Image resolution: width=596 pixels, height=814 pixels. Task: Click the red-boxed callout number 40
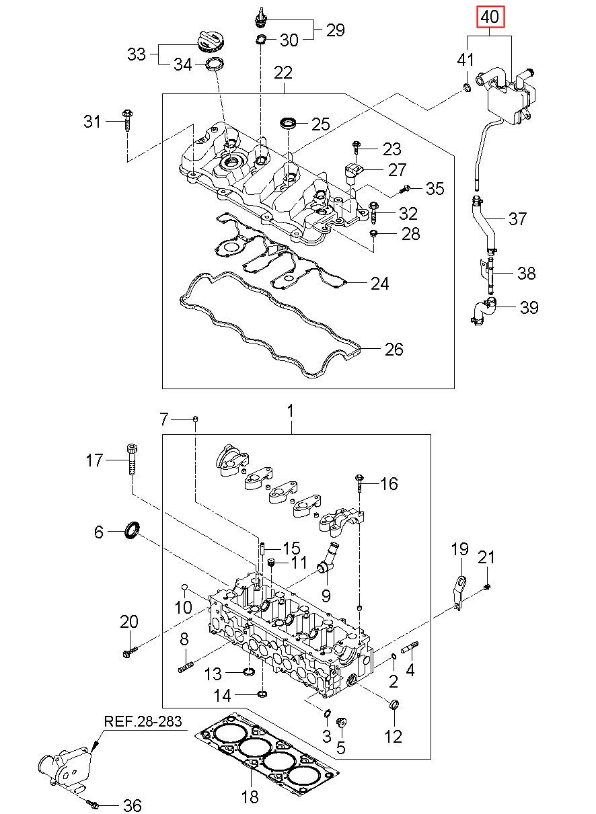click(490, 17)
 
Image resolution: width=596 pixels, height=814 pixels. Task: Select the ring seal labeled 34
click(214, 64)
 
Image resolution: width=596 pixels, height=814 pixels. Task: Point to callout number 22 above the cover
click(283, 73)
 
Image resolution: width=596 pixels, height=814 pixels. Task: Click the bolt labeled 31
click(128, 120)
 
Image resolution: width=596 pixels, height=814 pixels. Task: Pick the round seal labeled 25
click(288, 123)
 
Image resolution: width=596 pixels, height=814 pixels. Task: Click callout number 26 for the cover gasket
click(394, 349)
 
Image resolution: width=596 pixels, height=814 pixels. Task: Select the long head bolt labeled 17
click(132, 460)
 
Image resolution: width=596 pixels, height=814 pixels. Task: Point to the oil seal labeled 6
click(132, 531)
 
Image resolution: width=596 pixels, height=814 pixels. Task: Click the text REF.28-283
click(143, 721)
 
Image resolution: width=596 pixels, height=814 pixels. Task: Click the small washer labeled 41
click(467, 87)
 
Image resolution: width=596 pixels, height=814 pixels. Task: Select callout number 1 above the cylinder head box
click(290, 411)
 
